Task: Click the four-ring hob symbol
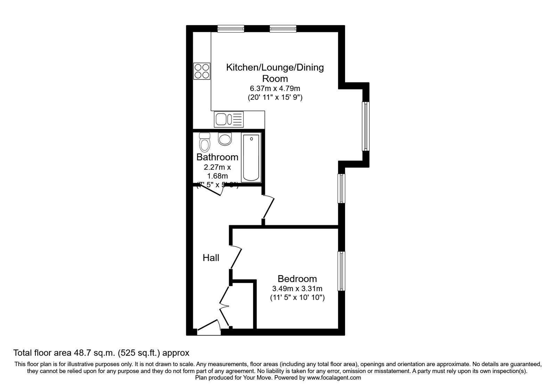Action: (202, 71)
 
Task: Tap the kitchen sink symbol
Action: (229, 119)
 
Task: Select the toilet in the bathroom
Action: (204, 142)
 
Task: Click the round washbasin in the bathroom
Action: (225, 139)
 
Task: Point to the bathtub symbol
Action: (251, 158)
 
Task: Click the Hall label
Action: (211, 258)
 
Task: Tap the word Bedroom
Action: (297, 279)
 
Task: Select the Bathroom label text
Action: (217, 157)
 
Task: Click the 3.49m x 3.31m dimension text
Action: (297, 288)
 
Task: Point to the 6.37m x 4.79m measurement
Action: (275, 89)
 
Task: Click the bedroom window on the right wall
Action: (342, 271)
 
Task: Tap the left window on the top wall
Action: (231, 29)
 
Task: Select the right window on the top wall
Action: (283, 29)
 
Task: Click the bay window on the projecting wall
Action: (366, 126)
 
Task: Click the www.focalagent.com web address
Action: (334, 378)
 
